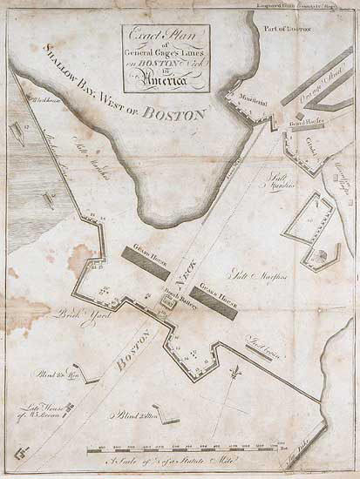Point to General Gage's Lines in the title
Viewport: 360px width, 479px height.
(166, 52)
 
